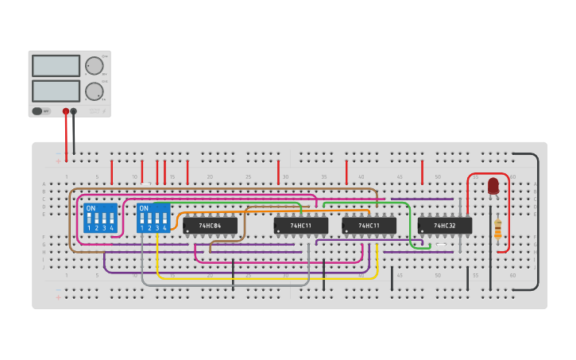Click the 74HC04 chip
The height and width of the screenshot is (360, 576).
click(210, 226)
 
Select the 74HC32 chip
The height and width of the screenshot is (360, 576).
click(445, 226)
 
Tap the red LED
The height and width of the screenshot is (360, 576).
click(493, 186)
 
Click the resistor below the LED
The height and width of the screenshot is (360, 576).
click(498, 228)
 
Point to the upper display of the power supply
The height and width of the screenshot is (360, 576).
click(56, 66)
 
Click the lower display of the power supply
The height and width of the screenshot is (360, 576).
click(56, 91)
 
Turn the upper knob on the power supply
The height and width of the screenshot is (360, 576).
click(94, 66)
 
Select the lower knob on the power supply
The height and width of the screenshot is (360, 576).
click(94, 91)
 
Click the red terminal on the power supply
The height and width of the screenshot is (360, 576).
click(66, 112)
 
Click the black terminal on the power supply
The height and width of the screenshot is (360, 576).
click(74, 112)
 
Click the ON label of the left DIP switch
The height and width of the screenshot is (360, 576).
click(91, 208)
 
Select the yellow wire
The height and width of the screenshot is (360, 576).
click(262, 277)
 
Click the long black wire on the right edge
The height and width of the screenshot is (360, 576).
click(538, 223)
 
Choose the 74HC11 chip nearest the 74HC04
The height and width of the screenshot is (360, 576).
click(300, 226)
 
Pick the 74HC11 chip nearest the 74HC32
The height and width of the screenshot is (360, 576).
click(369, 226)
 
